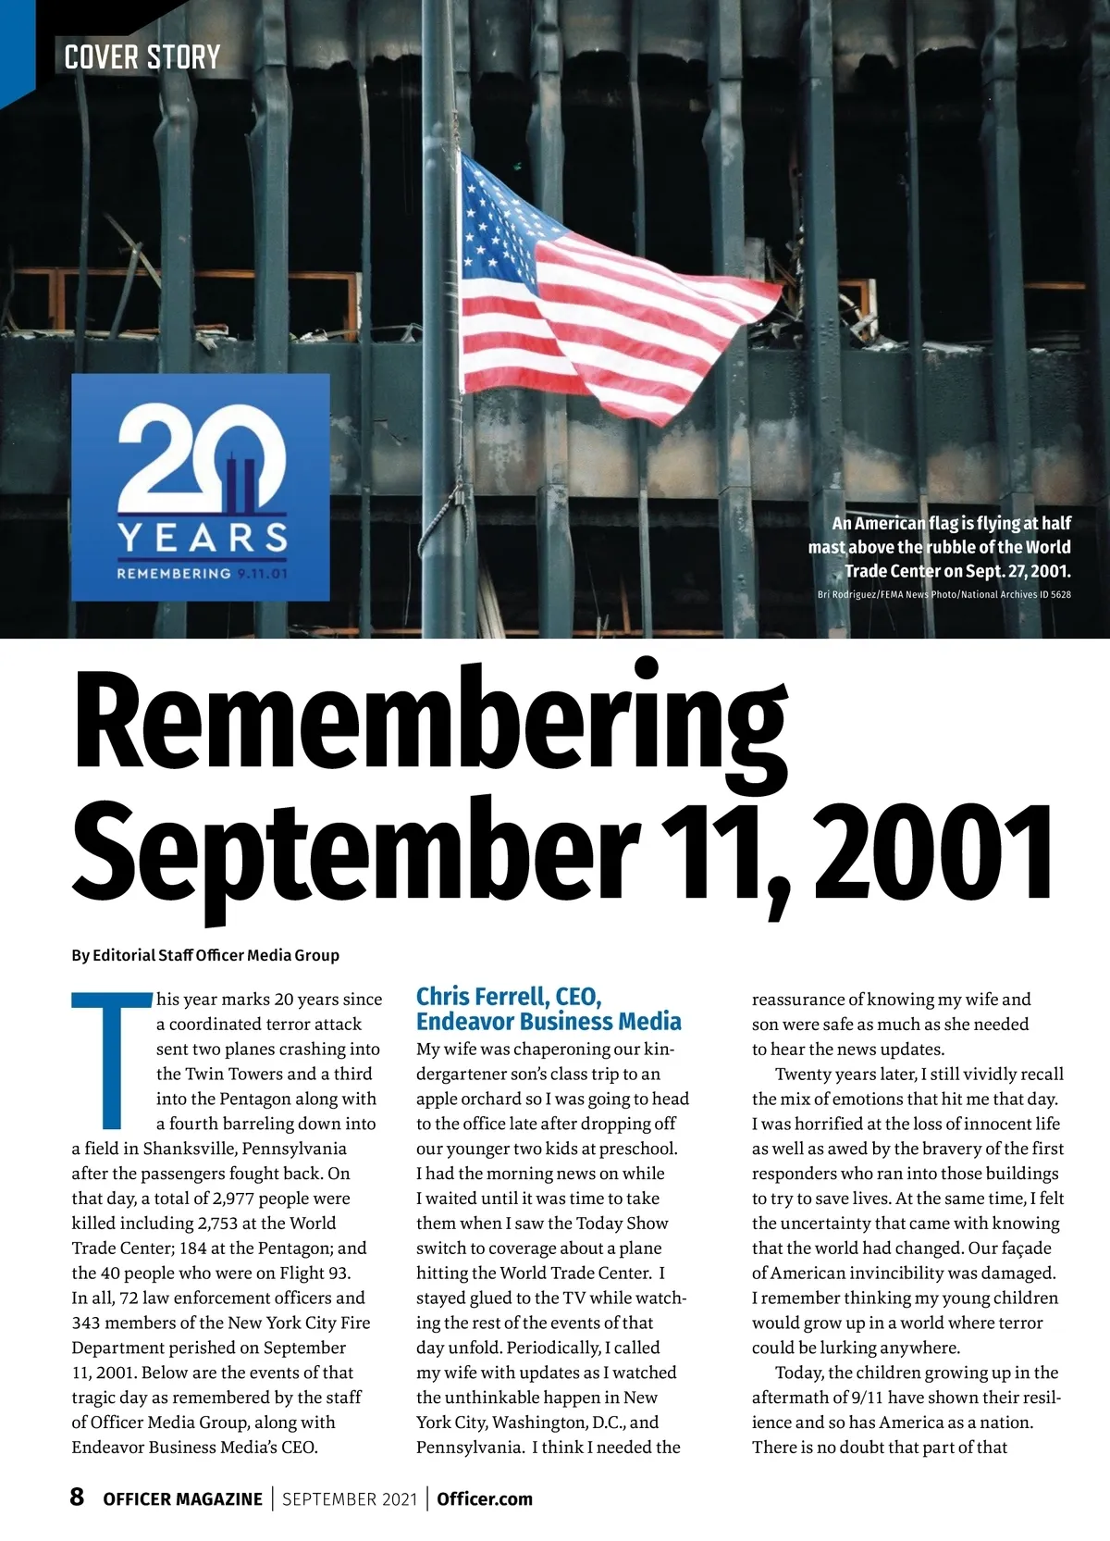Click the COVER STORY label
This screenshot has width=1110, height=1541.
tap(142, 57)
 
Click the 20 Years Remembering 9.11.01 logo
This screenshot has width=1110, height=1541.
tap(200, 487)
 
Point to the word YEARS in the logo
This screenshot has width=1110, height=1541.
tap(203, 538)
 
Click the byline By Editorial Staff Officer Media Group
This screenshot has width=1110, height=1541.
tap(205, 954)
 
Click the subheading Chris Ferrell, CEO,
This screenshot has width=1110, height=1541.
tap(509, 997)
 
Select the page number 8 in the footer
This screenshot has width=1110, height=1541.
tap(78, 1497)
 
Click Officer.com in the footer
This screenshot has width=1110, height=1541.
tap(485, 1498)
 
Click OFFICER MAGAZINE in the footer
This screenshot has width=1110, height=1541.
tap(182, 1498)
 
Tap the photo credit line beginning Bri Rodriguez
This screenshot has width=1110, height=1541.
tap(943, 594)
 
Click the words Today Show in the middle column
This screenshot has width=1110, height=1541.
tap(622, 1223)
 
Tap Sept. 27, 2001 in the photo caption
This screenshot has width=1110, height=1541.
tap(1017, 570)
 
